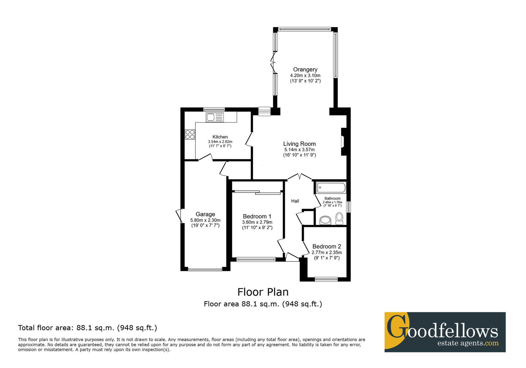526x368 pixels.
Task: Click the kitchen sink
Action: tap(215, 117)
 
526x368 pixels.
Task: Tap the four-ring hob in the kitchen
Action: tap(190, 135)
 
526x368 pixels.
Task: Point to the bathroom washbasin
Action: tap(325, 220)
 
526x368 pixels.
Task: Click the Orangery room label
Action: tap(305, 70)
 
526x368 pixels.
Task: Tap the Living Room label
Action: tap(299, 144)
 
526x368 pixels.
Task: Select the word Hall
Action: tap(295, 201)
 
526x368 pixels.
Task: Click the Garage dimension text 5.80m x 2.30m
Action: tap(205, 220)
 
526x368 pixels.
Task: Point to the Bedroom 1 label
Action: tap(257, 216)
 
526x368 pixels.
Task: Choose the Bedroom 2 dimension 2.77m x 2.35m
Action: tap(327, 252)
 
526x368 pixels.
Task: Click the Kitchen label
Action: tap(220, 137)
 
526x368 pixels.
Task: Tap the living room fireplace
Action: tap(344, 142)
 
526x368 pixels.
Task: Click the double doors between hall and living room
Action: tap(300, 177)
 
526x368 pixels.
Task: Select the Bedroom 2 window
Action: tap(326, 279)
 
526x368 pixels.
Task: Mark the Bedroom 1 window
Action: tap(256, 260)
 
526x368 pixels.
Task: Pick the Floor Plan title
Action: tap(263, 292)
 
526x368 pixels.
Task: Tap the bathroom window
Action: tap(349, 207)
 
